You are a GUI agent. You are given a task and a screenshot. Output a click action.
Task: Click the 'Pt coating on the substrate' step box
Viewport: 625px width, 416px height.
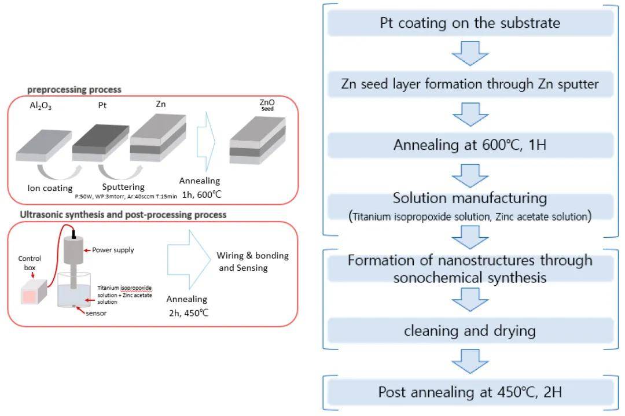470,24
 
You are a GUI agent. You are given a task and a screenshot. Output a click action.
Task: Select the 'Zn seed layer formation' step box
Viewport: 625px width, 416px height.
470,84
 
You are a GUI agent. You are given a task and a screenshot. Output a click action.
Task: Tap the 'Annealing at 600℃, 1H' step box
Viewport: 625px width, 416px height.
470,145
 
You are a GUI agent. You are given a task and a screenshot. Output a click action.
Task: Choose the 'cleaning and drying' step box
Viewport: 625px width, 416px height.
470,331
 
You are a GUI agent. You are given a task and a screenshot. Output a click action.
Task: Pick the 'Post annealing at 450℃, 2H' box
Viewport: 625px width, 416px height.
470,392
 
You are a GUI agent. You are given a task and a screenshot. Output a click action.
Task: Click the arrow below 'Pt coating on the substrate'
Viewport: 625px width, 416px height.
470,54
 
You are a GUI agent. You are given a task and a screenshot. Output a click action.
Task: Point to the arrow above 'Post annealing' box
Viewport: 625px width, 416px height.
470,362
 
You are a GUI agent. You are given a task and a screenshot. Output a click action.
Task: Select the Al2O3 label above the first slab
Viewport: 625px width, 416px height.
41,106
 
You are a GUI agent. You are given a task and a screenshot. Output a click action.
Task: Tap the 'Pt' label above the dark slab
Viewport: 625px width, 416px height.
100,106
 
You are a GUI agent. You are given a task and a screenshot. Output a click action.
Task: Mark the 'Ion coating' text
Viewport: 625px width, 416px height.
50,188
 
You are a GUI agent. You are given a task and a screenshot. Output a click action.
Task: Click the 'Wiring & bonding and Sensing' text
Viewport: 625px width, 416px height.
252,262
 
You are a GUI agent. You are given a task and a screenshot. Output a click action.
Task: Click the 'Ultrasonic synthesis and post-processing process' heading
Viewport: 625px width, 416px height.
123,215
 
